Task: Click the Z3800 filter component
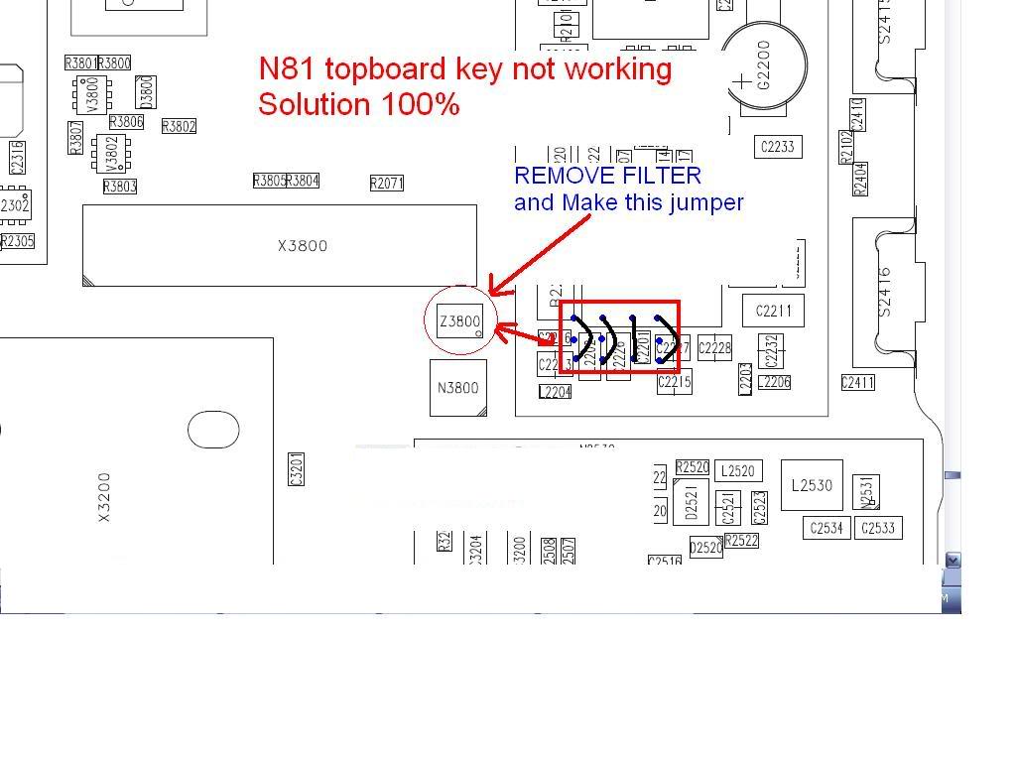tap(460, 321)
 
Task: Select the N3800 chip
tap(457, 388)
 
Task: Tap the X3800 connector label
tap(303, 246)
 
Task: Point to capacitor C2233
tap(777, 147)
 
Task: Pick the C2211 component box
tap(774, 311)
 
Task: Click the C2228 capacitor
tap(714, 347)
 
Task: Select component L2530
tap(812, 485)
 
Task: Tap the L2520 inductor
tap(737, 471)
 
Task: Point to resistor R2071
tap(387, 184)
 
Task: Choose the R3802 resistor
tap(179, 126)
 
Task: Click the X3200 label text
tap(105, 497)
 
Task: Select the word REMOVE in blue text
tap(558, 176)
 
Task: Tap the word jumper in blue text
tap(706, 202)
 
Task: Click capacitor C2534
tap(826, 528)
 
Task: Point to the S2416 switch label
tap(885, 291)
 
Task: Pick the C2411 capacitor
tap(857, 382)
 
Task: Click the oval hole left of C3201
tap(213, 430)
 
